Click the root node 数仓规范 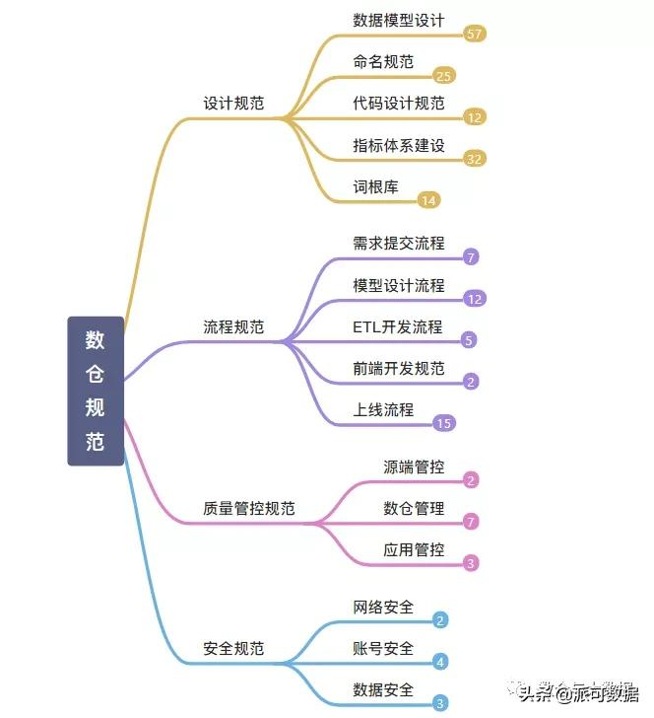pos(96,391)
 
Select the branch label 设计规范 pos(233,103)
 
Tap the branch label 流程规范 pos(233,326)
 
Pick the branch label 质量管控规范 pos(248,509)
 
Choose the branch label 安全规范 pos(233,649)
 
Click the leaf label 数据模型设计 pos(399,20)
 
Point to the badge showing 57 pos(475,35)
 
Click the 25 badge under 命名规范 pos(444,76)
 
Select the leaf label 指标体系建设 pos(399,145)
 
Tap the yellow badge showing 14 pos(428,200)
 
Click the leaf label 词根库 pos(376,186)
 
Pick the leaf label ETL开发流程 pos(398,326)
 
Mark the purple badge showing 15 pos(444,423)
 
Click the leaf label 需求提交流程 pos(399,243)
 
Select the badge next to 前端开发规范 pos(471,382)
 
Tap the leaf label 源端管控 pos(414,467)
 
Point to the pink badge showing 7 pos(471,522)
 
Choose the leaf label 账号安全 pos(383,648)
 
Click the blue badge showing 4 pos(440,662)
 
